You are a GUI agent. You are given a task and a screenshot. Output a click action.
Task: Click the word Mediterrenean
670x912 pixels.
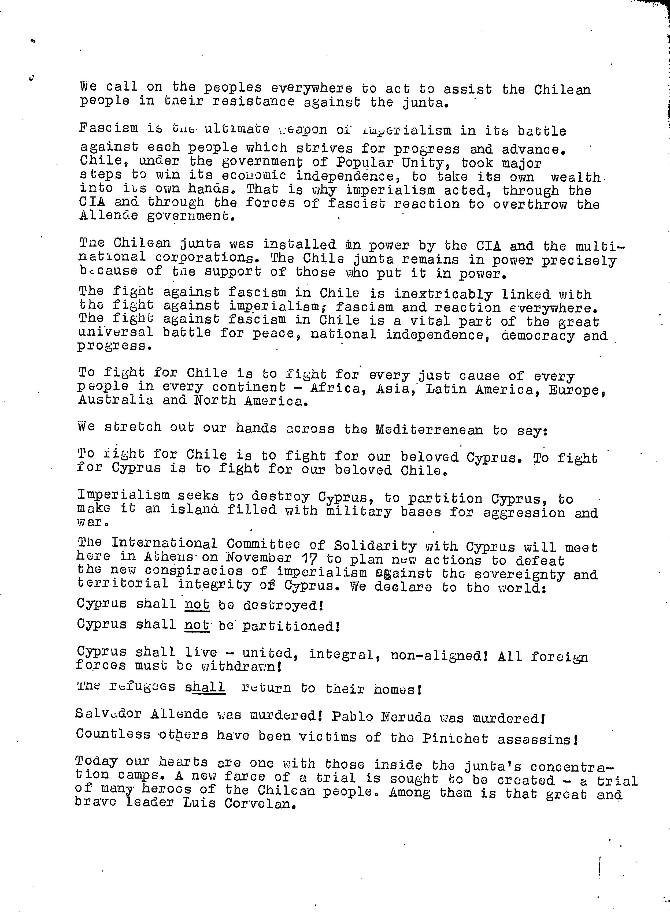[x=429, y=429]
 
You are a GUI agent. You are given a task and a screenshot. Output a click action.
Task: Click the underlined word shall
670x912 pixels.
[x=205, y=687]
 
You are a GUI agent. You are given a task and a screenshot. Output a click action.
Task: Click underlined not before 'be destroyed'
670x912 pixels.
[x=197, y=604]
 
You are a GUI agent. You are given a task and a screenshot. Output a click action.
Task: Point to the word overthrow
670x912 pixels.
[x=530, y=204]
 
